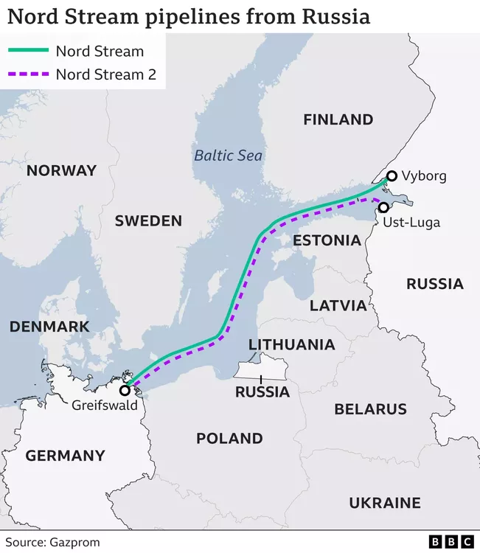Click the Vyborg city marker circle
(x=391, y=175)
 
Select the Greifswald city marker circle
(x=125, y=390)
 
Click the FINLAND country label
(x=338, y=119)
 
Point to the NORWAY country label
(x=61, y=170)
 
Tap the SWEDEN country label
(x=148, y=221)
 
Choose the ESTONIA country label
(x=327, y=240)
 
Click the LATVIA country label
(x=338, y=305)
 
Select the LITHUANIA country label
(x=291, y=344)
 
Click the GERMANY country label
(x=65, y=456)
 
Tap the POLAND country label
(x=229, y=439)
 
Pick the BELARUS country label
(x=370, y=409)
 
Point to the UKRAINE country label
(x=384, y=503)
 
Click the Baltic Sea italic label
(x=228, y=156)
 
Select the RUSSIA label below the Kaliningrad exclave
(x=262, y=392)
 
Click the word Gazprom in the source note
(x=74, y=542)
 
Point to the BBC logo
(x=452, y=542)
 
